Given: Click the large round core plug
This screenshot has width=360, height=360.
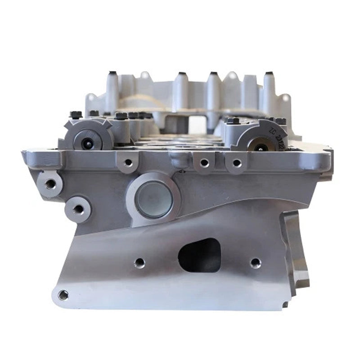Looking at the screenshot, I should pos(154,199).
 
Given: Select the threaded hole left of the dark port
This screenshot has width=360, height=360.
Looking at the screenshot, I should pos(139,263).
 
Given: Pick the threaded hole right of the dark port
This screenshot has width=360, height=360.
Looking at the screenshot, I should pos(255,262).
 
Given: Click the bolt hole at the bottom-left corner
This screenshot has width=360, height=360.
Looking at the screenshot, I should pos(63,295).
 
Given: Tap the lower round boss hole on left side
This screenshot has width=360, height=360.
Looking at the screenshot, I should pos(78,209).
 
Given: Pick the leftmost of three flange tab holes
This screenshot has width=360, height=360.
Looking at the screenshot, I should pos(129,162).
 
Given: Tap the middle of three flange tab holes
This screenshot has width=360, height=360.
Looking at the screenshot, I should pos(204,162).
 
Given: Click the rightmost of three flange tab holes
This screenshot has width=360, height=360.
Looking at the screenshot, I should pos(236,163).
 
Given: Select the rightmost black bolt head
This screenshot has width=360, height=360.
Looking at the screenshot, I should pos(280,121).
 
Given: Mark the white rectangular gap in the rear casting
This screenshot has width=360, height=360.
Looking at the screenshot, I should pos(196,124).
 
